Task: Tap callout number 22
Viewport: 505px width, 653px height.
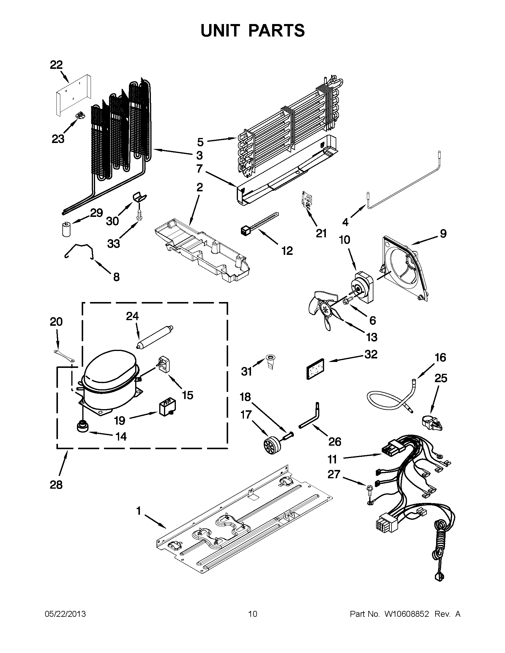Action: [x=56, y=65]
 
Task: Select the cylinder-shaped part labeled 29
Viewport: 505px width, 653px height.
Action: [x=66, y=229]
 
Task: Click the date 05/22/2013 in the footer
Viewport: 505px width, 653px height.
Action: [x=65, y=614]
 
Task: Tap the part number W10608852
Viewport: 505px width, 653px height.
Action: [x=406, y=614]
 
